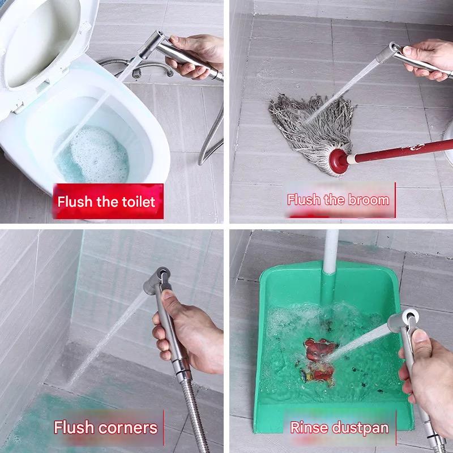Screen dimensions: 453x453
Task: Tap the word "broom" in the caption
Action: tap(369, 200)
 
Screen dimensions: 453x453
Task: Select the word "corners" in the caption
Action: tap(128, 428)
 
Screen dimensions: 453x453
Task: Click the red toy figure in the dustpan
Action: tap(319, 361)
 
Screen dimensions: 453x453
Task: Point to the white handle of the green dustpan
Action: tap(331, 251)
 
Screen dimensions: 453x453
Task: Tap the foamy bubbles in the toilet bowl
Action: tap(95, 155)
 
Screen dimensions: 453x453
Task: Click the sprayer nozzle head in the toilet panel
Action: tap(152, 44)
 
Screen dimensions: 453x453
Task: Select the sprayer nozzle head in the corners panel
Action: tap(158, 280)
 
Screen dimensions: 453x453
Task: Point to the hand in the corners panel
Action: tap(188, 332)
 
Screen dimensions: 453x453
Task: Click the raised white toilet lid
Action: tap(44, 44)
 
